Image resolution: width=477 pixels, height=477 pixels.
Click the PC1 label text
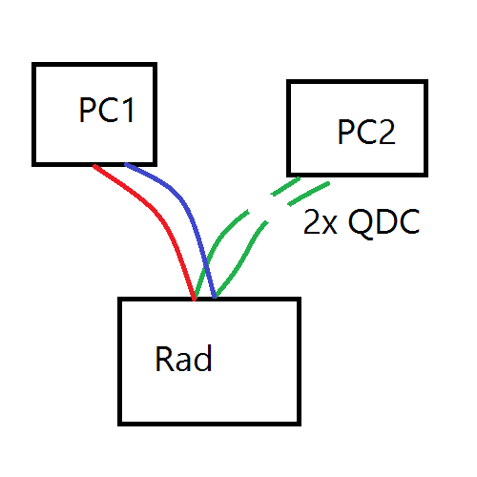click(107, 110)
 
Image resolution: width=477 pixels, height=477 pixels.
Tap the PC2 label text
click(366, 132)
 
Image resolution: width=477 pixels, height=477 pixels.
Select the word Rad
click(183, 358)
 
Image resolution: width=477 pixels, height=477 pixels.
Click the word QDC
click(384, 222)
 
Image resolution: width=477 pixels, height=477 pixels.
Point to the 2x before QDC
click(321, 222)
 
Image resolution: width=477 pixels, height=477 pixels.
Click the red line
click(159, 218)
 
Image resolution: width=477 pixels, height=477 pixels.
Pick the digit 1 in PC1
click(129, 110)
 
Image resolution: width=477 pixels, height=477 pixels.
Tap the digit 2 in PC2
click(387, 132)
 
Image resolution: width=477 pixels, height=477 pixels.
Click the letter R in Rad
click(163, 358)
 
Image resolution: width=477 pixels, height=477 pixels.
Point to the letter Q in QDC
click(361, 223)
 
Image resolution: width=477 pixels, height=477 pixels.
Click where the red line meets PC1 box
click(94, 165)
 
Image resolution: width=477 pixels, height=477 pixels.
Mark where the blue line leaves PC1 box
click(126, 164)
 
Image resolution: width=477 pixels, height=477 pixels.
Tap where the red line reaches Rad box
click(195, 299)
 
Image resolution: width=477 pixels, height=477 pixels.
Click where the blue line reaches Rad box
click(215, 297)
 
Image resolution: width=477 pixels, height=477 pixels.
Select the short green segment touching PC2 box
click(285, 186)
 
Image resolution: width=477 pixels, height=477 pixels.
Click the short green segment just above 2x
click(308, 194)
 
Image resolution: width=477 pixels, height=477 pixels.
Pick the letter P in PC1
click(87, 110)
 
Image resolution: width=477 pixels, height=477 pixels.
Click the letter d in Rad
click(203, 358)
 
